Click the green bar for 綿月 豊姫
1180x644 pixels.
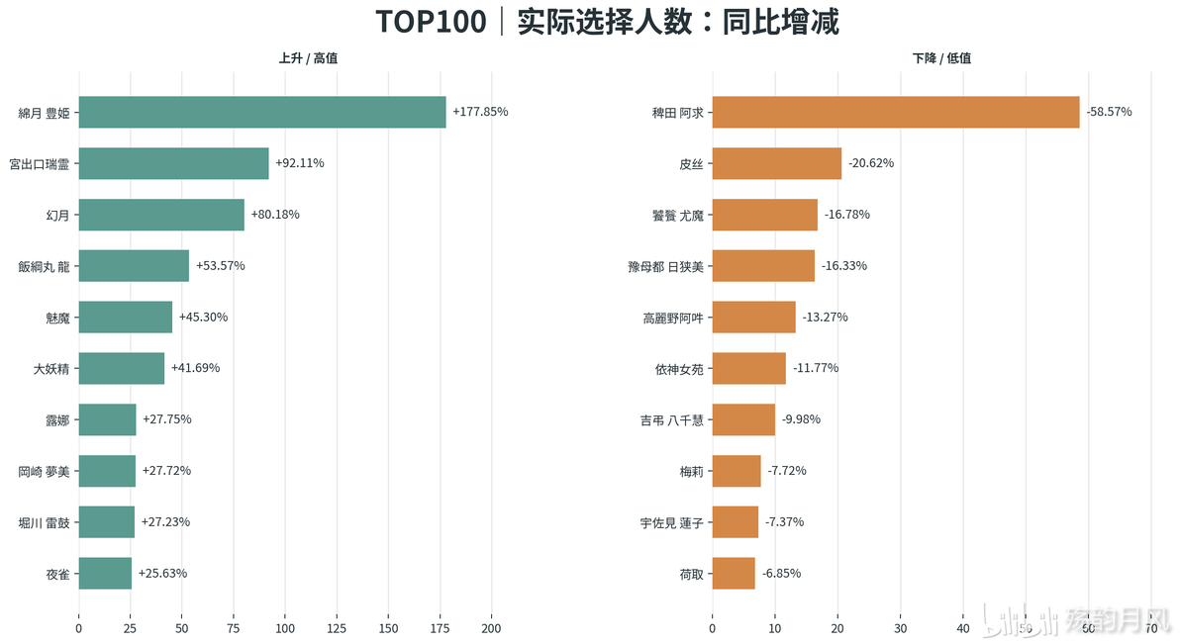[x=262, y=112]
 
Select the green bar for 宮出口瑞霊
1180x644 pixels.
[x=174, y=163]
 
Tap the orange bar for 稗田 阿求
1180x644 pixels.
[x=896, y=112]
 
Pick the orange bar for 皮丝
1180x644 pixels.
[x=777, y=163]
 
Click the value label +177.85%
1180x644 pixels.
[x=480, y=112]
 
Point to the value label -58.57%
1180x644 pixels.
[x=1110, y=112]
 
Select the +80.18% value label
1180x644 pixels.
[x=274, y=215]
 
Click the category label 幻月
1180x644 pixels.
[x=58, y=216]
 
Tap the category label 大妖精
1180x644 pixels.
[x=51, y=369]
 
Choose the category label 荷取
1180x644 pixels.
[x=692, y=574]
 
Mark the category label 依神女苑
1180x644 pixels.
[x=679, y=369]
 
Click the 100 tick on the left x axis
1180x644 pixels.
[x=285, y=628]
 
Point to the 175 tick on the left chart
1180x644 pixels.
[x=440, y=628]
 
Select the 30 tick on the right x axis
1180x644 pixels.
[x=900, y=628]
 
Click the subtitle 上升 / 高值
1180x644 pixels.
[x=308, y=58]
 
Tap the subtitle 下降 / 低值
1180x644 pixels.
[x=941, y=58]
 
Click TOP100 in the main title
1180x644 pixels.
[x=432, y=21]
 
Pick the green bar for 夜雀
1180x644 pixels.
[x=105, y=574]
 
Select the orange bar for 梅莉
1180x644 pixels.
[x=737, y=471]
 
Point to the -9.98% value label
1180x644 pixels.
[x=801, y=419]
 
